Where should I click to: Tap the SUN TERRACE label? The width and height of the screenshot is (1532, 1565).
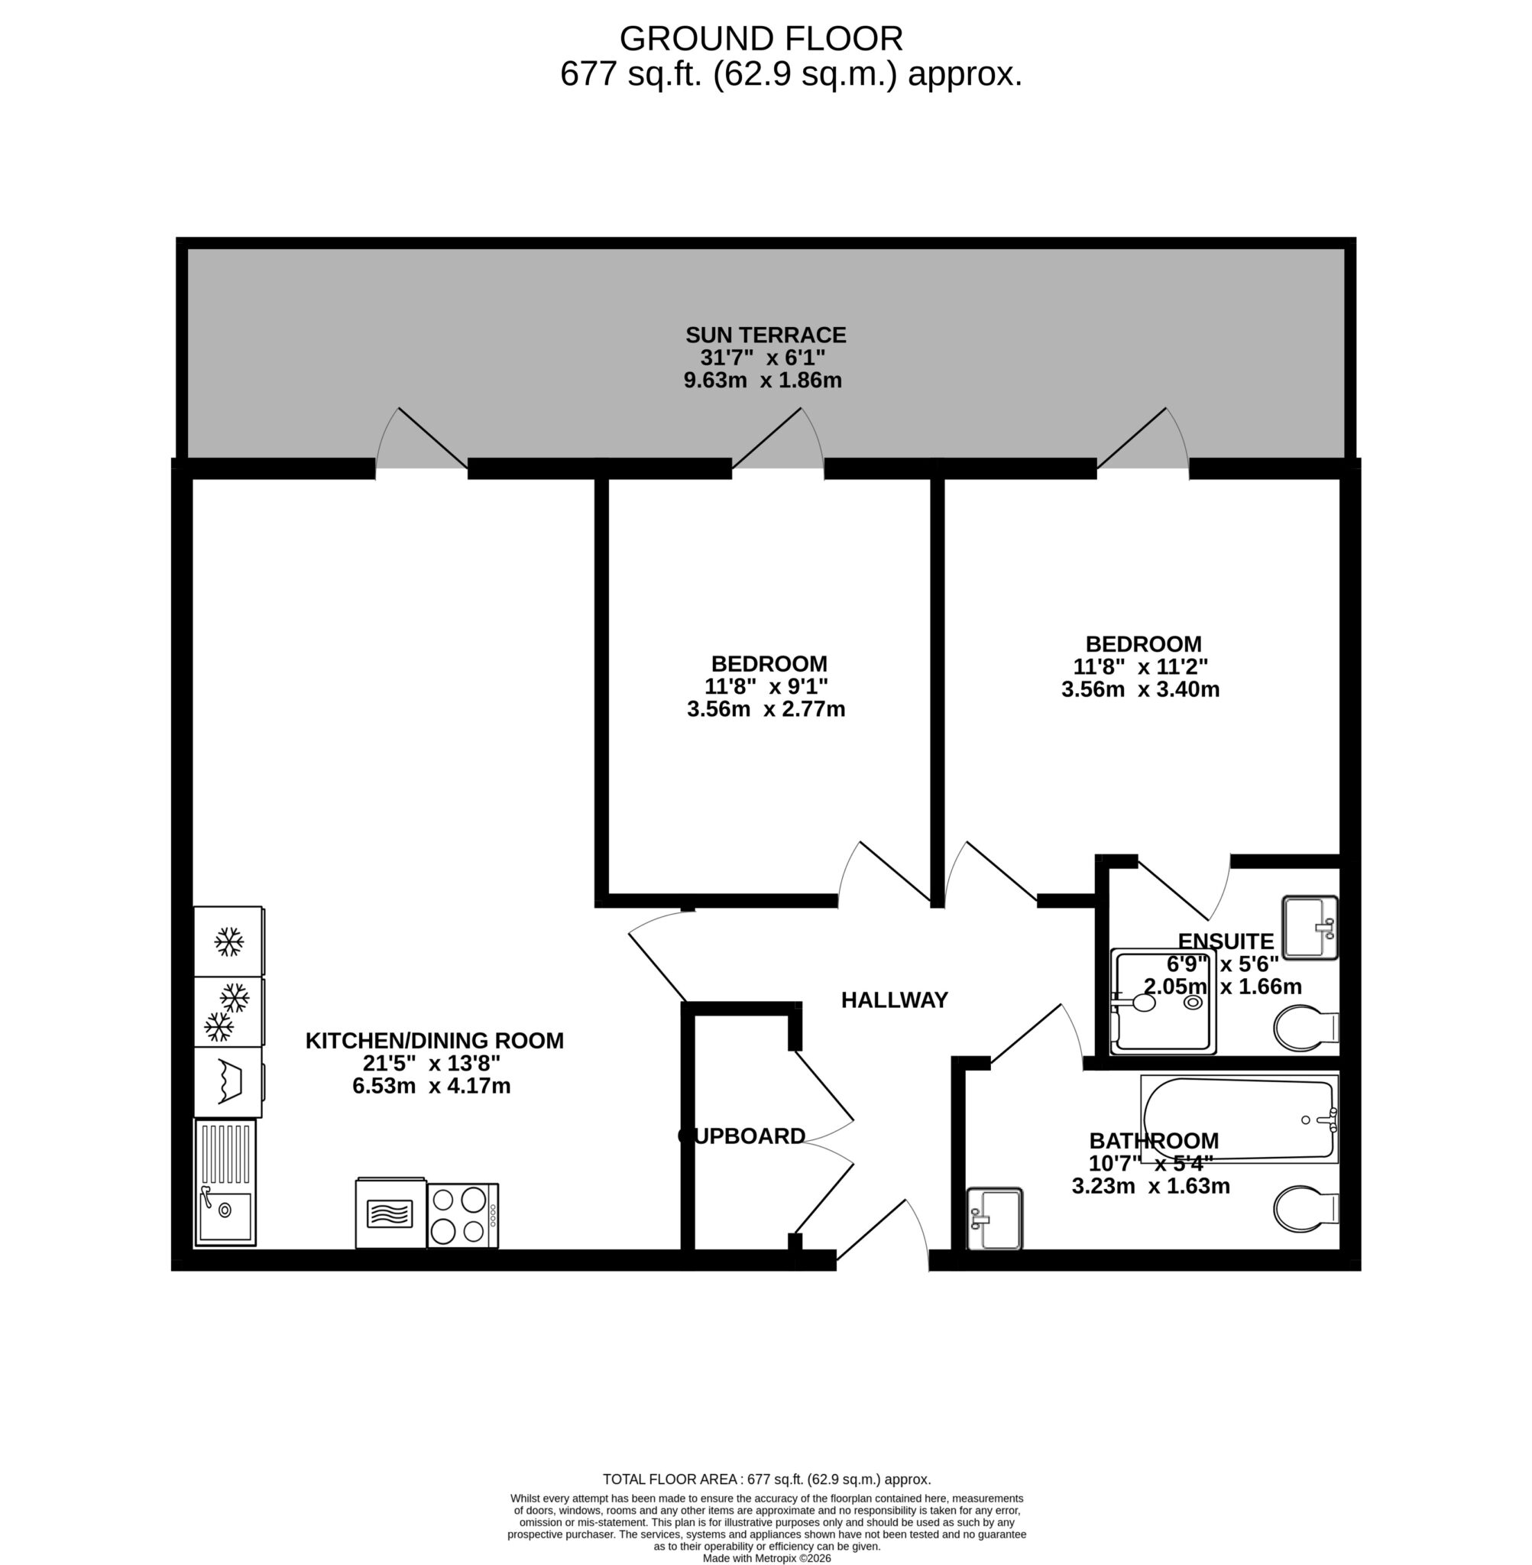[765, 335]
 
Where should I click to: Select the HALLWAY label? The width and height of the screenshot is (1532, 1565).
[894, 1000]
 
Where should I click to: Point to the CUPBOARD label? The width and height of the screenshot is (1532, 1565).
[742, 1136]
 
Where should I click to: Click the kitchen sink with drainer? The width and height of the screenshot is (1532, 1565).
[225, 1182]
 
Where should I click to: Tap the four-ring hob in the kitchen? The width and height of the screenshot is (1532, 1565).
[462, 1215]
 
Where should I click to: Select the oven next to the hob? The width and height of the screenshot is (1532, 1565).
[390, 1213]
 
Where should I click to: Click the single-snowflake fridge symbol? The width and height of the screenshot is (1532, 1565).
[228, 941]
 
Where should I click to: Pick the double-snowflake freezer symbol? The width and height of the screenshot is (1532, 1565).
[227, 1012]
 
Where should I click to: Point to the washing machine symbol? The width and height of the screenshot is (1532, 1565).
[228, 1081]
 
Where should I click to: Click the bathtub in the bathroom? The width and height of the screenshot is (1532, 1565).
[1239, 1119]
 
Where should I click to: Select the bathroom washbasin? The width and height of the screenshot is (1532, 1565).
[995, 1218]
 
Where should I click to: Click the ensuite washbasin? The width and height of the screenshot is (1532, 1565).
[1309, 927]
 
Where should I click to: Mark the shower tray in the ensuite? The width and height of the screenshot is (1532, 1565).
[1162, 1002]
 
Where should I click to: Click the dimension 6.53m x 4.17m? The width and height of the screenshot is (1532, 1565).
[431, 1085]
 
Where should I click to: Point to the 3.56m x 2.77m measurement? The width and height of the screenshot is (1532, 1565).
[765, 709]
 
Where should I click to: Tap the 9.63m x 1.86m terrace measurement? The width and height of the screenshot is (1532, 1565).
[762, 380]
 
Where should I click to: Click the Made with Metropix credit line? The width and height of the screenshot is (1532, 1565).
[766, 1558]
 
